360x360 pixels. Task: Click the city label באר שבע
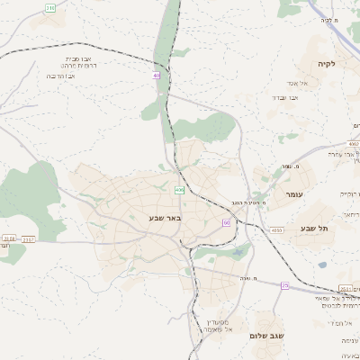point(166,218)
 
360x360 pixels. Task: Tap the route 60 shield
point(227,221)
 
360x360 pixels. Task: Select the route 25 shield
point(284,285)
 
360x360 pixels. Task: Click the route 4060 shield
point(276,230)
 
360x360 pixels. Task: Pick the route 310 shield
point(49,7)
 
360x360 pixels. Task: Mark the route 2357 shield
point(29,239)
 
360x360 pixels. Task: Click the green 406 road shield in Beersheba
point(180,190)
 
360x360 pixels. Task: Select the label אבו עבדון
point(283,96)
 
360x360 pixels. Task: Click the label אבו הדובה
point(60,76)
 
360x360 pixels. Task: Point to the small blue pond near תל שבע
point(322,265)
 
